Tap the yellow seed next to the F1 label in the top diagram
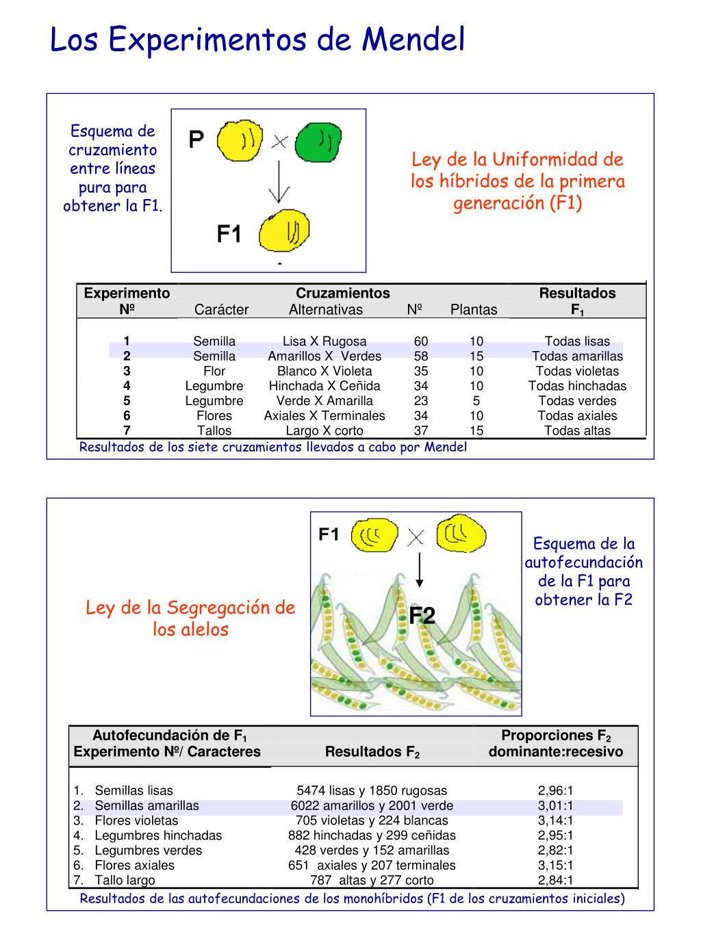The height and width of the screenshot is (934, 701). coord(285,230)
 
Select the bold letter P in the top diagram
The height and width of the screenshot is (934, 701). coord(196,141)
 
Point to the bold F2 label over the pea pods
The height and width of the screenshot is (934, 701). coord(422,616)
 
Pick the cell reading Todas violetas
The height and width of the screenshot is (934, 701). coord(577,371)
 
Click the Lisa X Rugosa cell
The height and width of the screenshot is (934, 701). coord(324,341)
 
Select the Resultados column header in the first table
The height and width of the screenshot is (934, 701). coord(577,294)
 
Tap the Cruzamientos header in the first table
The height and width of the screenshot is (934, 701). coord(343,294)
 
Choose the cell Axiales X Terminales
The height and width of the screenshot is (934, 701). coord(324,415)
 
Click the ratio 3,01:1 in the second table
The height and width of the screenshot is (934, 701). coord(555,805)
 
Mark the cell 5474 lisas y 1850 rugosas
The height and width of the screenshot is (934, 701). coord(372,790)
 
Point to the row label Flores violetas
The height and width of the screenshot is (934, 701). coord(136,820)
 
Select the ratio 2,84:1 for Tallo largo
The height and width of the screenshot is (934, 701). coord(555,880)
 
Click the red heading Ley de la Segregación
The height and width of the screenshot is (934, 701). coord(190,608)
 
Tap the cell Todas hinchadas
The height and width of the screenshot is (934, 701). coord(577,386)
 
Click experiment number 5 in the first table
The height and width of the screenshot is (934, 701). coord(127,401)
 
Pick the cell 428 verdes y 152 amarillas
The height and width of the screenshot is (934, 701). coord(372,851)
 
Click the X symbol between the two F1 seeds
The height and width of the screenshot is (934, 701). coord(416,538)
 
